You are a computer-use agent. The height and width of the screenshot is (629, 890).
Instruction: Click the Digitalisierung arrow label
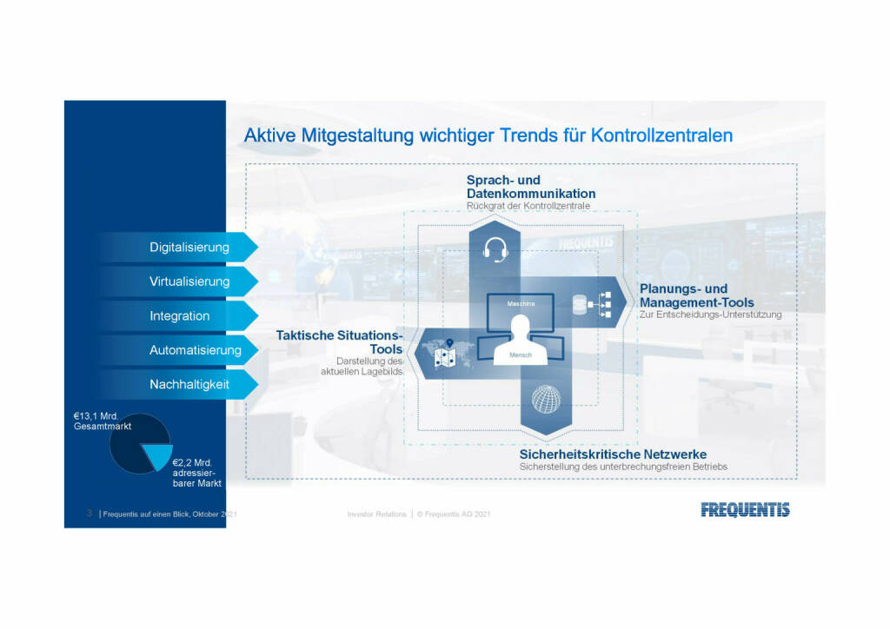(189, 248)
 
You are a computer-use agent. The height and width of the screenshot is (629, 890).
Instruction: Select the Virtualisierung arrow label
(189, 281)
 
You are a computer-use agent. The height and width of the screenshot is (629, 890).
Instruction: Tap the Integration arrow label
(179, 316)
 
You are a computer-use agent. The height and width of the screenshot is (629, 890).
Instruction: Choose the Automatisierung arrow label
(196, 350)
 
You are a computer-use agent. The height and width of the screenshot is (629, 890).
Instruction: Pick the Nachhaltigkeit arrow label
(189, 384)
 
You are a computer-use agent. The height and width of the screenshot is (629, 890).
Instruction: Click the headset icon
(495, 249)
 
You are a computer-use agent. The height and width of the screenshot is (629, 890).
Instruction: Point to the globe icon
(546, 400)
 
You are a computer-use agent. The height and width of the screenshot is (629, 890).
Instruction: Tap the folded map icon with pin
(445, 354)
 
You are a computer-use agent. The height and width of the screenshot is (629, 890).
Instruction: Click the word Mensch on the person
(521, 355)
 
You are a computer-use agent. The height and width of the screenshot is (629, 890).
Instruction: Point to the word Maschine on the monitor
(521, 303)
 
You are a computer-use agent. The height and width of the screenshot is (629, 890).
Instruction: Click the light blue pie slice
(158, 455)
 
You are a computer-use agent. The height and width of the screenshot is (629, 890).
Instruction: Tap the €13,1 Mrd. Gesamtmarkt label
(103, 420)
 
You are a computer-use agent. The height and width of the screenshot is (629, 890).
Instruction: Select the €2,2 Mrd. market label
(197, 473)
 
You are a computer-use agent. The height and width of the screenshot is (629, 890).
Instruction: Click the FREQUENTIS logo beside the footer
(745, 510)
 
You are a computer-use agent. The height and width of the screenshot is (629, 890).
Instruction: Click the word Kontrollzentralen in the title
(661, 136)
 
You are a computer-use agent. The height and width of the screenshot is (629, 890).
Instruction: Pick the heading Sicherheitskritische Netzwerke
(613, 454)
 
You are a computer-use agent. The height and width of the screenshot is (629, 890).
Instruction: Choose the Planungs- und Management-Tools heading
(697, 295)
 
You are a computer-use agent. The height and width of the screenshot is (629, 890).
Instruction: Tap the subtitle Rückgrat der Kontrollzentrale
(528, 206)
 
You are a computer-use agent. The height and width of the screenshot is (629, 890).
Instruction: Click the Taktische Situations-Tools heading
(340, 342)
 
